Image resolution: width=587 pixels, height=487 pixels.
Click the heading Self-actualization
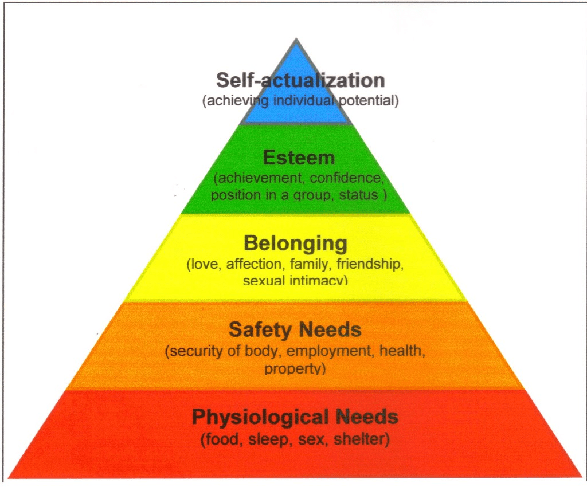click(300, 80)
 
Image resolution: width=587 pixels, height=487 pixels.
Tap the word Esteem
click(299, 158)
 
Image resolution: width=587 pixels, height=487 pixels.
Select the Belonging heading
click(296, 244)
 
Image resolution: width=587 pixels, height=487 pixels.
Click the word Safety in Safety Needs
click(261, 330)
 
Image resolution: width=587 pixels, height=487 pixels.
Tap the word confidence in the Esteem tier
click(346, 178)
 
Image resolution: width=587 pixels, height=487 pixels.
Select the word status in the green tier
click(359, 195)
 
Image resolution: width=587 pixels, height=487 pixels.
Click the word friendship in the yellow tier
click(369, 264)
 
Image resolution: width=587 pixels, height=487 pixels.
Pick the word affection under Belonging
click(253, 265)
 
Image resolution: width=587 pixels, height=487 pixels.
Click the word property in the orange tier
click(292, 369)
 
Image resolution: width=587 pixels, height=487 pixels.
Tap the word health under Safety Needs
click(401, 351)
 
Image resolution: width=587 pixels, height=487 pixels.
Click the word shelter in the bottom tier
click(359, 439)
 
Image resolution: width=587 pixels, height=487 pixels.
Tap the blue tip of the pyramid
click(296, 38)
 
